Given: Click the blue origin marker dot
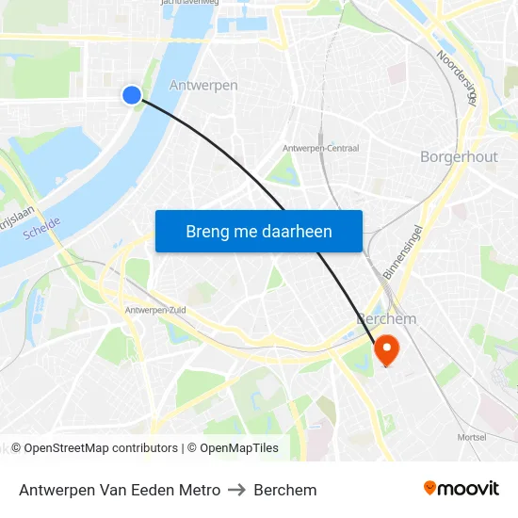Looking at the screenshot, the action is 132,94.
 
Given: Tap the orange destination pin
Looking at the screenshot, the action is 386,350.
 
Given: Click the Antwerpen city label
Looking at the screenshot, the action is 203,86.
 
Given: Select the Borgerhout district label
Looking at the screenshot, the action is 459,156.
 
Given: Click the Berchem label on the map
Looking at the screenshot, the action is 386,319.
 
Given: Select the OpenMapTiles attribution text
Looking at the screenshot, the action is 239,448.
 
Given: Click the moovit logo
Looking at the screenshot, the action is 461,489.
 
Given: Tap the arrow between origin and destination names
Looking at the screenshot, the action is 237,490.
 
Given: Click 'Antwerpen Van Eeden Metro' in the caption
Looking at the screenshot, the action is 120,490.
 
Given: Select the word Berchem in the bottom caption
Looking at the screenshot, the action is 285,490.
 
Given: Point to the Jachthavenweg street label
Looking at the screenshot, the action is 190,3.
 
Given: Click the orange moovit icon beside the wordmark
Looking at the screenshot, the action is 430,488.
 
